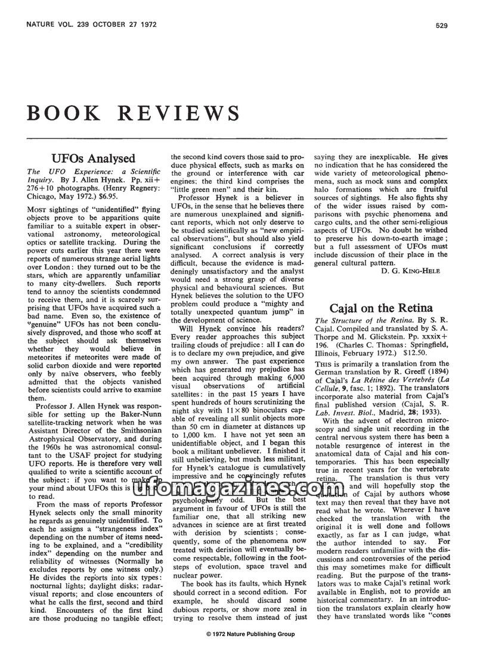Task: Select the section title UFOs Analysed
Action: (x=93, y=159)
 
